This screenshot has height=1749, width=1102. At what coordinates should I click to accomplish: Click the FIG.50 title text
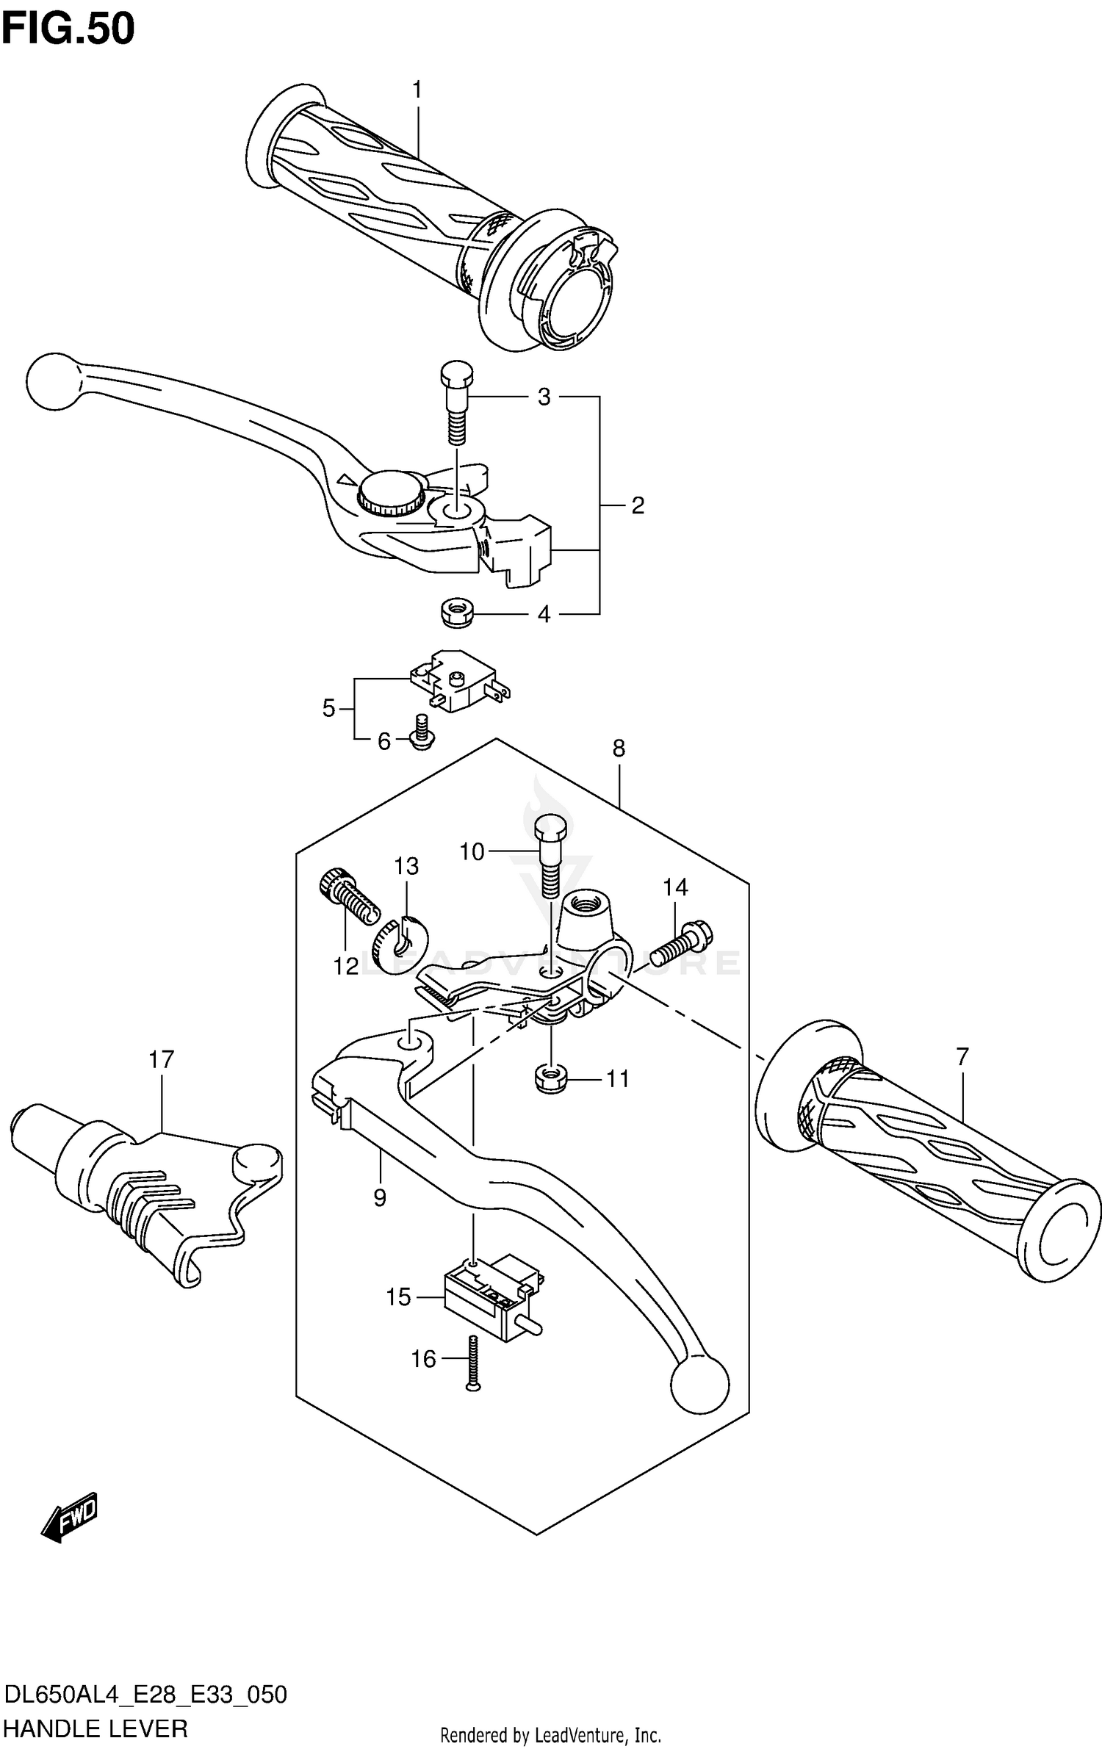pos(68,29)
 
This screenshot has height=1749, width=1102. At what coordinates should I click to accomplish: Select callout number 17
pos(161,1059)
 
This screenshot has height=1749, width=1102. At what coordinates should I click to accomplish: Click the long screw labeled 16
pos(472,1363)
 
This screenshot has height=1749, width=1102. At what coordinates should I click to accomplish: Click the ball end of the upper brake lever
pos(52,381)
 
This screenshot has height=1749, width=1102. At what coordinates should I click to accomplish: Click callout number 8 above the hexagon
pos(619,749)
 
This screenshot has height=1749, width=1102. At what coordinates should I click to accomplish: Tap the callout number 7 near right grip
pos(962,1056)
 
